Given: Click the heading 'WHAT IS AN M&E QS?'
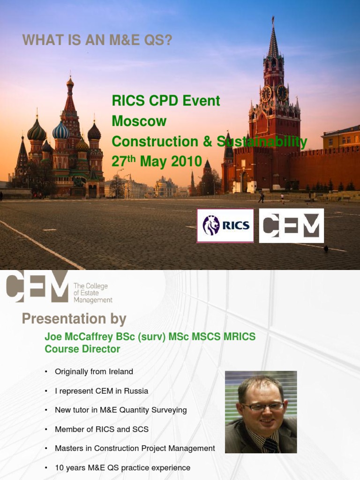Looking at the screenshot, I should pyautogui.click(x=97, y=41).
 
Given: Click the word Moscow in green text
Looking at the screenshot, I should pyautogui.click(x=139, y=121).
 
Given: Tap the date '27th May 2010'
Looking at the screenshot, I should pyautogui.click(x=157, y=162).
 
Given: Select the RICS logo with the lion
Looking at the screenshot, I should pyautogui.click(x=225, y=225).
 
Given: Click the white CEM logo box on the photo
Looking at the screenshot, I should pyautogui.click(x=291, y=225).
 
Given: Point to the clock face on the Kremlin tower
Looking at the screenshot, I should pyautogui.click(x=266, y=93).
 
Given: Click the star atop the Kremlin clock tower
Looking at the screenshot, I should pyautogui.click(x=273, y=19).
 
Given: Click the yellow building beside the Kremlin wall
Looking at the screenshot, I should pyautogui.click(x=341, y=138).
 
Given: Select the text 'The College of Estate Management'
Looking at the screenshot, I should pyautogui.click(x=93, y=293).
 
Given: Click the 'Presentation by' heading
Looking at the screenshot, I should pyautogui.click(x=74, y=319).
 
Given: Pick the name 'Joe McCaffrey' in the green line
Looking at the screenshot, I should pyautogui.click(x=75, y=337).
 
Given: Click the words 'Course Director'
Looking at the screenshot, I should pyautogui.click(x=82, y=349).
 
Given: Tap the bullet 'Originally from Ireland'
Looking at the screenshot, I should pyautogui.click(x=94, y=372).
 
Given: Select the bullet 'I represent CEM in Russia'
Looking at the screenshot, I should pyautogui.click(x=101, y=391).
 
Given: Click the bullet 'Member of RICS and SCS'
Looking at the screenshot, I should pyautogui.click(x=102, y=429).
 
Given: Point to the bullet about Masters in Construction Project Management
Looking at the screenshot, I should pyautogui.click(x=135, y=449).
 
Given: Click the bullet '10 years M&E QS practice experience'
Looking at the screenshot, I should pyautogui.click(x=122, y=468).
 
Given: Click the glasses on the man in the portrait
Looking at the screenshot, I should pyautogui.click(x=262, y=406).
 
